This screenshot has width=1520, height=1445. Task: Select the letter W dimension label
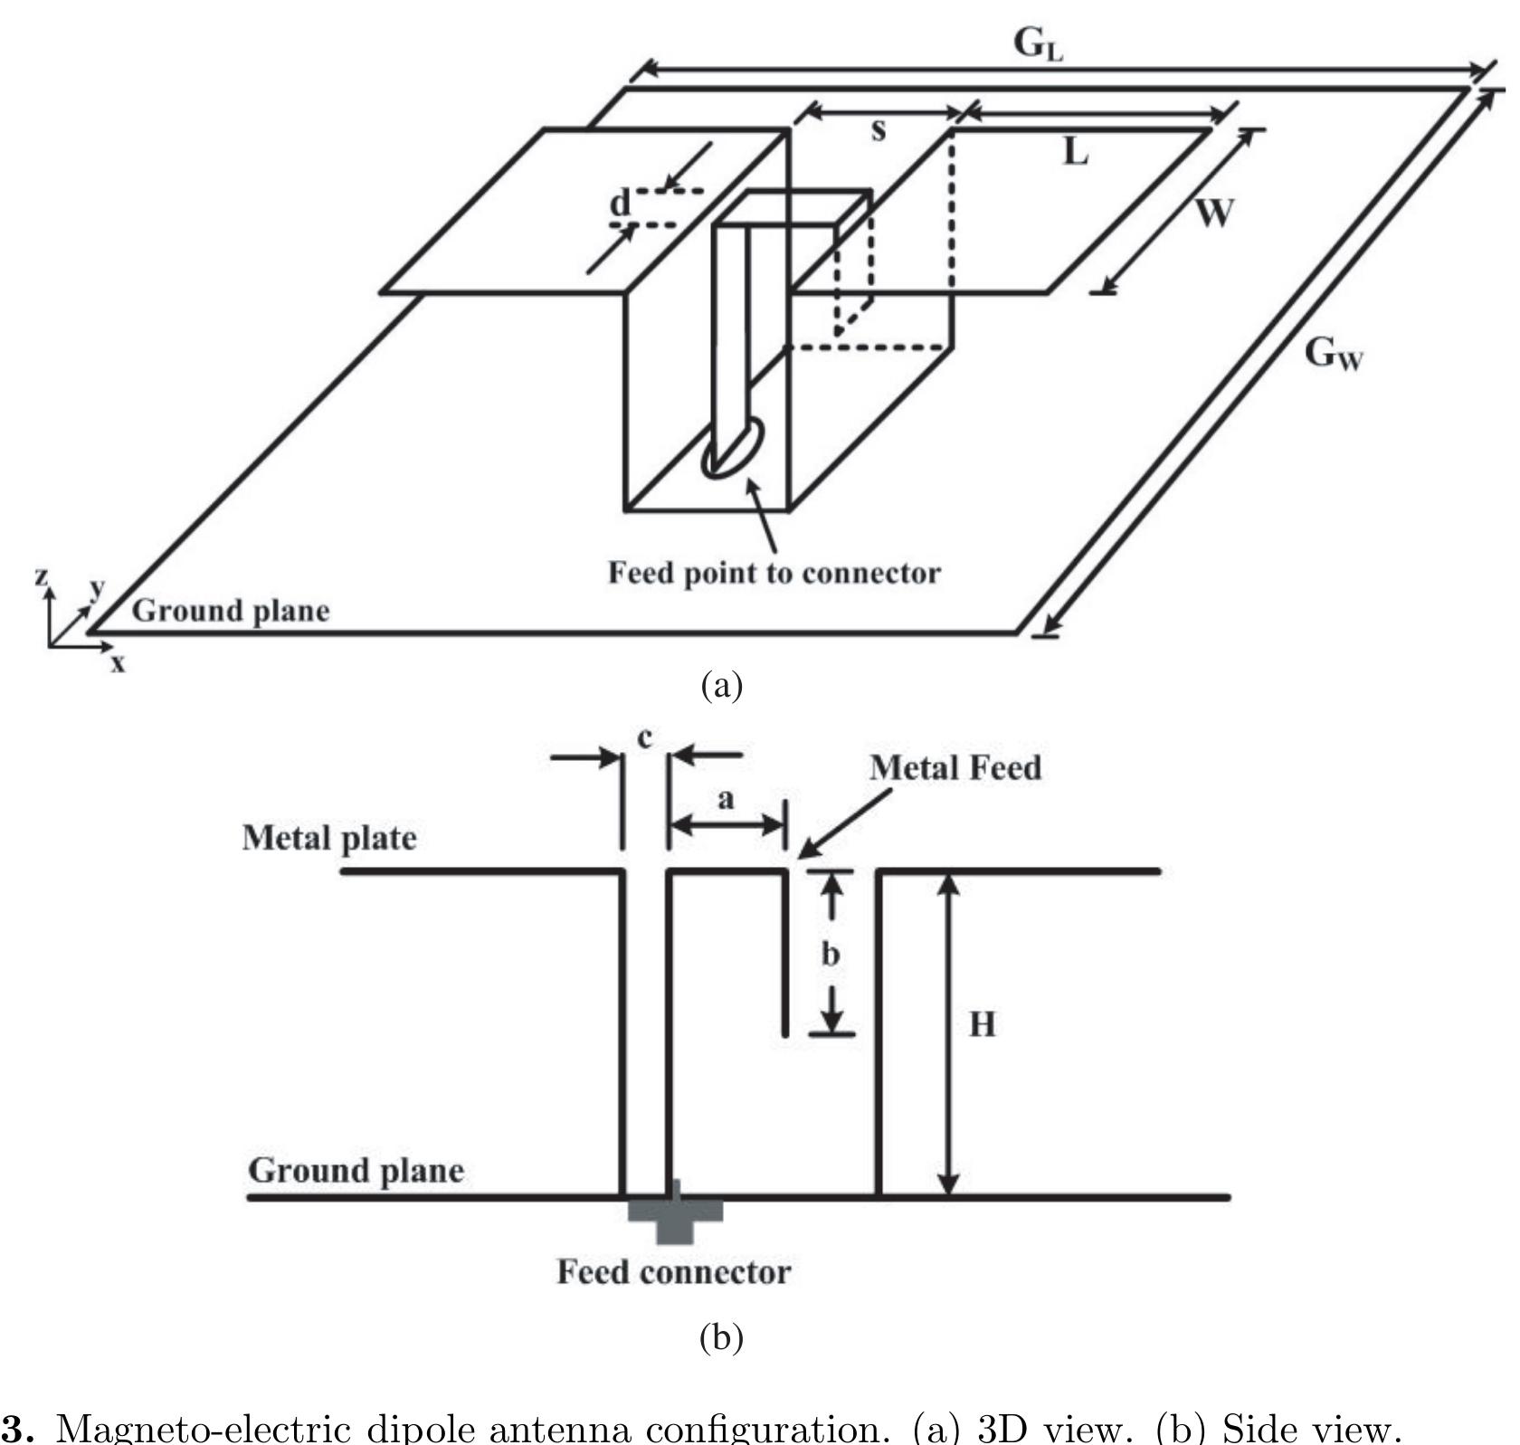pyautogui.click(x=1213, y=213)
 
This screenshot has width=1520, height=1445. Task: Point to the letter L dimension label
pyautogui.click(x=1075, y=152)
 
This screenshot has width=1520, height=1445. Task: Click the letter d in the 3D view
pyautogui.click(x=619, y=204)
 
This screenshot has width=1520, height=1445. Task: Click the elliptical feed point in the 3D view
pyautogui.click(x=733, y=447)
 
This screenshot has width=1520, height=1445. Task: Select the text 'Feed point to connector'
pyautogui.click(x=774, y=573)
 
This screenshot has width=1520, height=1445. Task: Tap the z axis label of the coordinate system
pyautogui.click(x=41, y=575)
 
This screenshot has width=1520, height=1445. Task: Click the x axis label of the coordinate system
pyautogui.click(x=118, y=664)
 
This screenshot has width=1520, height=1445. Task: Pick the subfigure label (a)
pyautogui.click(x=721, y=684)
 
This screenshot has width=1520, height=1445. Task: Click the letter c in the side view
pyautogui.click(x=644, y=738)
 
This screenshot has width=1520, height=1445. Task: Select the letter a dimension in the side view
pyautogui.click(x=725, y=799)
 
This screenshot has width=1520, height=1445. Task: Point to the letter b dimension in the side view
pyautogui.click(x=830, y=954)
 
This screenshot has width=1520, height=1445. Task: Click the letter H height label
pyautogui.click(x=982, y=1024)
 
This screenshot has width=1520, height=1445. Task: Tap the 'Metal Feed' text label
pyautogui.click(x=955, y=767)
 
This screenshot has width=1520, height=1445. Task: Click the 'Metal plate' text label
pyautogui.click(x=329, y=838)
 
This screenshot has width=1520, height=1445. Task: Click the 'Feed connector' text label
pyautogui.click(x=673, y=1272)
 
